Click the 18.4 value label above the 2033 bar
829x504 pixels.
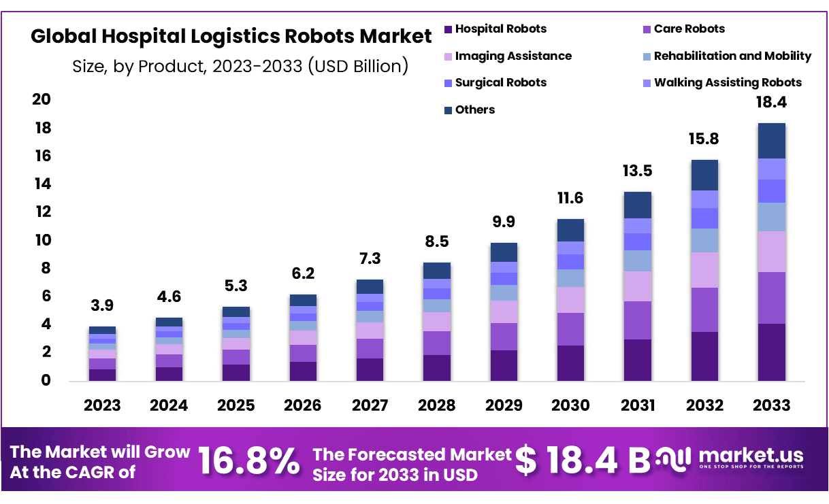[x=771, y=103]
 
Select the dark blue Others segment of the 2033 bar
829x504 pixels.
[x=771, y=141]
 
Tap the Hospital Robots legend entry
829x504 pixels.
[x=500, y=29]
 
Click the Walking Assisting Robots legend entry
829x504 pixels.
[x=728, y=83]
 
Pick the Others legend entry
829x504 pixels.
[x=474, y=110]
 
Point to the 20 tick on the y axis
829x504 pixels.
[x=42, y=100]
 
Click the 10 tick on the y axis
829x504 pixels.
[x=42, y=240]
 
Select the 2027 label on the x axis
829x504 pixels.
[x=370, y=405]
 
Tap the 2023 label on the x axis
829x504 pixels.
[x=102, y=405]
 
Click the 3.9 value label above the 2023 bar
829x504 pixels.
[x=102, y=306]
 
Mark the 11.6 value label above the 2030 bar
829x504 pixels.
[x=570, y=199]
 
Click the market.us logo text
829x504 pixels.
[x=750, y=455]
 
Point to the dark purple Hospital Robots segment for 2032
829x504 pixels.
[x=704, y=356]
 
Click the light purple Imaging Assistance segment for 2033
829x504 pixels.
[x=771, y=251]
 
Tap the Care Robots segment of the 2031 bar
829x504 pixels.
[x=637, y=320]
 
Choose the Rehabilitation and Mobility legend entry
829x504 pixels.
[x=732, y=56]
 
